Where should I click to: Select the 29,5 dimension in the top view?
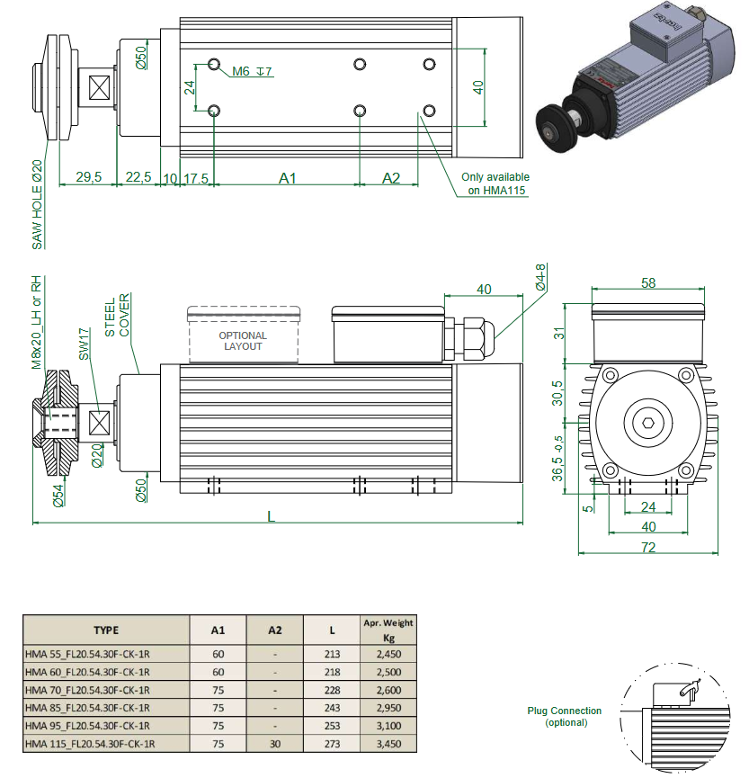88,177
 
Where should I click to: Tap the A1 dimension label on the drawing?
287,178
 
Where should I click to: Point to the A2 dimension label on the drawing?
391,178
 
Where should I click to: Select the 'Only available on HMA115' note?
495,183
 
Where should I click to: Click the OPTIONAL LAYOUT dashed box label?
243,341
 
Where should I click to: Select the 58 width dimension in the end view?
649,282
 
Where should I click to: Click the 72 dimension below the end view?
647,547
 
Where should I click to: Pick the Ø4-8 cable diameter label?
540,277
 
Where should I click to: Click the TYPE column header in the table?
106,630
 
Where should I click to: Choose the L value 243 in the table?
331,708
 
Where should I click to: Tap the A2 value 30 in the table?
275,744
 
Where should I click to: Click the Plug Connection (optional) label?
565,716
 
